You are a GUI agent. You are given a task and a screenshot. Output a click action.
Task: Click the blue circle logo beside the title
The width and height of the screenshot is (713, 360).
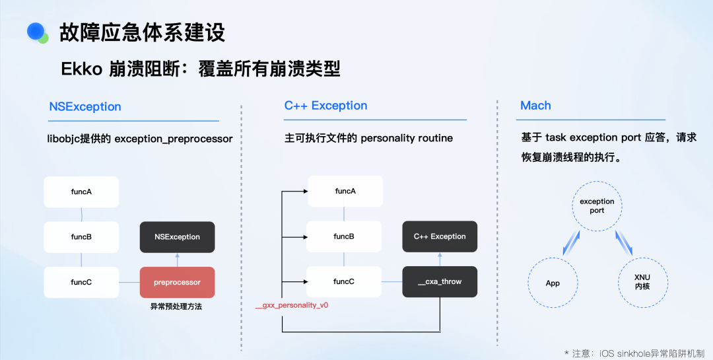(36, 32)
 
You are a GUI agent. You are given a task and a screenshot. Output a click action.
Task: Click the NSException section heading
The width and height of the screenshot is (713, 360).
(85, 106)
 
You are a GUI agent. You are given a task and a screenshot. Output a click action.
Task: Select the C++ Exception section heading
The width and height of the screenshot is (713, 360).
(325, 106)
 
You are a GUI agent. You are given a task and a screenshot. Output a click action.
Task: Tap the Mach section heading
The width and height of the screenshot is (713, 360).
(535, 106)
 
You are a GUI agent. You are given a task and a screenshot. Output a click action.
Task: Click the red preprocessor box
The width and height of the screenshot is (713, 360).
(177, 282)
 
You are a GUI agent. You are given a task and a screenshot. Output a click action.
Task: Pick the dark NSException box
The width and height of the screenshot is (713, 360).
(177, 236)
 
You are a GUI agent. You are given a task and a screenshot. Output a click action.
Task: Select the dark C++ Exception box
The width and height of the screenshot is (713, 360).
(439, 236)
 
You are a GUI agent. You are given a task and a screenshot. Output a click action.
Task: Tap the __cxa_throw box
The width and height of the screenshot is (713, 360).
(439, 281)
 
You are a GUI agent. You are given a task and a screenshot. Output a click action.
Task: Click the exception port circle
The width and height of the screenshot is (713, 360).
(597, 205)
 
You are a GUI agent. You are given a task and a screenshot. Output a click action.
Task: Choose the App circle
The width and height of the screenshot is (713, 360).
(553, 283)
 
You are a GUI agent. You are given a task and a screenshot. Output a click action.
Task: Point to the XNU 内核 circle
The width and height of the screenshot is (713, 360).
(642, 283)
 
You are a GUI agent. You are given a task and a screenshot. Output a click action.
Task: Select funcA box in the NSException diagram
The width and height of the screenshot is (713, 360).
(81, 192)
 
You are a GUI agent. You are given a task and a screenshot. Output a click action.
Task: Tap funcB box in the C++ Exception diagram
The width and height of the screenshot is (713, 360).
(344, 236)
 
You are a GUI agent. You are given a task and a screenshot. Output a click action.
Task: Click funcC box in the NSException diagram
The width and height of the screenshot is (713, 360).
(81, 282)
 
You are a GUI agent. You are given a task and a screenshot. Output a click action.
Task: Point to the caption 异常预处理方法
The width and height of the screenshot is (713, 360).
(177, 306)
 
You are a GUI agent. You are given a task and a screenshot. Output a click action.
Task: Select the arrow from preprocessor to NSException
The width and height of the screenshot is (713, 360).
(177, 259)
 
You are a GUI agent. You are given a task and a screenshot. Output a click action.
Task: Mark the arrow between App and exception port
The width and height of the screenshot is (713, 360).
(571, 243)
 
